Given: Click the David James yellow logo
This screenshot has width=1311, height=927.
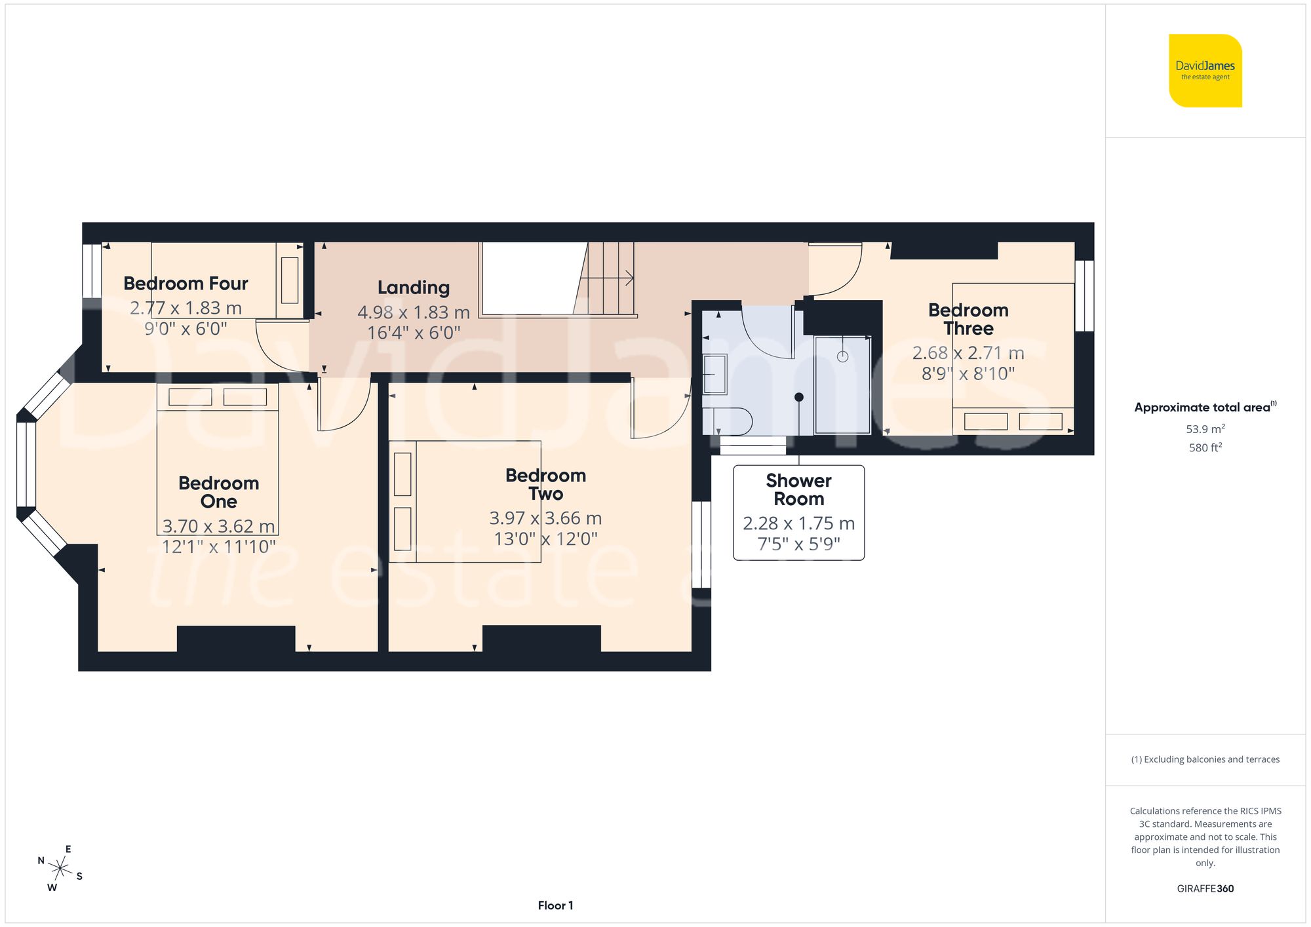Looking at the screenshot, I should click(1205, 71).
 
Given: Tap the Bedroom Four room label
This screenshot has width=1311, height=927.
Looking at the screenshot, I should click(186, 284).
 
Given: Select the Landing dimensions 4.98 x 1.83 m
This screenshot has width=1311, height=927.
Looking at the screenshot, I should click(413, 312).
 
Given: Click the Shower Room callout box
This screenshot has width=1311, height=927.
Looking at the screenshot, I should click(798, 512).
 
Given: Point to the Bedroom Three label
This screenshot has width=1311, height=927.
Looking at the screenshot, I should click(968, 319).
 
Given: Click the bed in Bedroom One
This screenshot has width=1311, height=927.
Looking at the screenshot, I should click(218, 459).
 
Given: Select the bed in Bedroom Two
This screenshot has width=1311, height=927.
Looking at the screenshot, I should click(465, 501).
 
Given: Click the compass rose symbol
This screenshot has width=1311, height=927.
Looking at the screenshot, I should click(60, 869).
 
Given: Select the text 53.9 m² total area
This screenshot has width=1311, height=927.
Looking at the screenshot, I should click(1205, 429).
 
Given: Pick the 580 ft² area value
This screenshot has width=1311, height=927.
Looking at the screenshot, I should click(1205, 447).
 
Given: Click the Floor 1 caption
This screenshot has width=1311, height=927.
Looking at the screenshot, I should click(555, 905).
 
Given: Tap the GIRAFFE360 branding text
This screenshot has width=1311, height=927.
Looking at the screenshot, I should click(1205, 888).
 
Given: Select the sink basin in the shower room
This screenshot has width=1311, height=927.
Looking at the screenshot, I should click(714, 374).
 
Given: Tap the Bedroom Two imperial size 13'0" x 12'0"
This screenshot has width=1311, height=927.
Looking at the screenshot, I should click(545, 539).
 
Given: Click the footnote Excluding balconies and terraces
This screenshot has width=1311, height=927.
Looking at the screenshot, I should click(1205, 759).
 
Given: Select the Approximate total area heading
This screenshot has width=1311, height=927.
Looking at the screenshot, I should click(1204, 407).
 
